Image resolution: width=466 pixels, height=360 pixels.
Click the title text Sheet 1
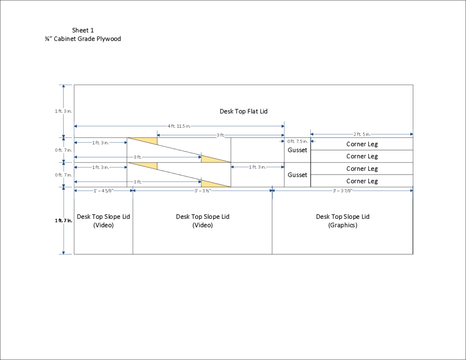[83, 30]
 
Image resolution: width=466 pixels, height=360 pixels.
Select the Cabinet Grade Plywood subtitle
[83, 39]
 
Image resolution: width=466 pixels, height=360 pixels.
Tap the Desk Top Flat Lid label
[244, 112]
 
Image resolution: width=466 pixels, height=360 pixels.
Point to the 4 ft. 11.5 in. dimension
[179, 126]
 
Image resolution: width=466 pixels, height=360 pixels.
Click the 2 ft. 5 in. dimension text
[362, 134]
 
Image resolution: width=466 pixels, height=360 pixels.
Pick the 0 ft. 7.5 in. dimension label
[298, 142]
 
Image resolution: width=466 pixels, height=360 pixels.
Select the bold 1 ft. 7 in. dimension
[64, 221]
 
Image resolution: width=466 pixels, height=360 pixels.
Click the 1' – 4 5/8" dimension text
[103, 191]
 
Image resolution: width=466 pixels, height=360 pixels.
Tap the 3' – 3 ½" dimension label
[203, 191]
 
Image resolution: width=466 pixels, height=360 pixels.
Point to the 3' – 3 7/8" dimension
[343, 191]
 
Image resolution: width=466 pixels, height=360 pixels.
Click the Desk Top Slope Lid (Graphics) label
[343, 221]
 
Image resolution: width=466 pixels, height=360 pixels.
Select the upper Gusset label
[297, 150]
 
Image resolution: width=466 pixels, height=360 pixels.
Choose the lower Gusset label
[297, 175]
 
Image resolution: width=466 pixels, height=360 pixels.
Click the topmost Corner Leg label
[362, 144]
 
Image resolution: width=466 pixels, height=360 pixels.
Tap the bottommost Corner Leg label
[362, 181]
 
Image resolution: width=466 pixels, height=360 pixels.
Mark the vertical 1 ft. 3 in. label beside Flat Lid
[63, 111]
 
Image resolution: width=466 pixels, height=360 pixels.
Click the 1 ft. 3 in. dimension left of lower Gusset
[258, 167]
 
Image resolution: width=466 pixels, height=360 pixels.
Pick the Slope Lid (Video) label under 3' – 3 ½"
[203, 221]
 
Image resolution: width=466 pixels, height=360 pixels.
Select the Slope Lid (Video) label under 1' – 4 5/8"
[103, 221]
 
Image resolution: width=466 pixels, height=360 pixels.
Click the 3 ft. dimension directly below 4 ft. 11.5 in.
[221, 135]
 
